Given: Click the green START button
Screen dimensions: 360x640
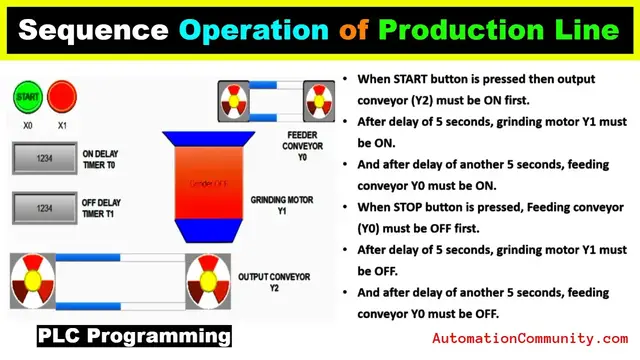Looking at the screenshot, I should pyautogui.click(x=26, y=98).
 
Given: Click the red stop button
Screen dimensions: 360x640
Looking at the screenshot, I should pyautogui.click(x=62, y=98).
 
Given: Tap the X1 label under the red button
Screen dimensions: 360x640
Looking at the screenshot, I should pyautogui.click(x=62, y=127).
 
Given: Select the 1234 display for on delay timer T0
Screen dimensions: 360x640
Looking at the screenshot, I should pyautogui.click(x=44, y=158).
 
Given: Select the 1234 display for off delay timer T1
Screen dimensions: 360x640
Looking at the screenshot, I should pyautogui.click(x=44, y=208).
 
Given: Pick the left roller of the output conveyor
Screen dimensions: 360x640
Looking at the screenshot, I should pyautogui.click(x=33, y=280).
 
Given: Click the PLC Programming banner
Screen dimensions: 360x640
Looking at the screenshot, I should pyautogui.click(x=134, y=335).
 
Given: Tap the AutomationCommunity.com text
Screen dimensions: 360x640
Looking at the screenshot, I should pyautogui.click(x=530, y=339).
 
